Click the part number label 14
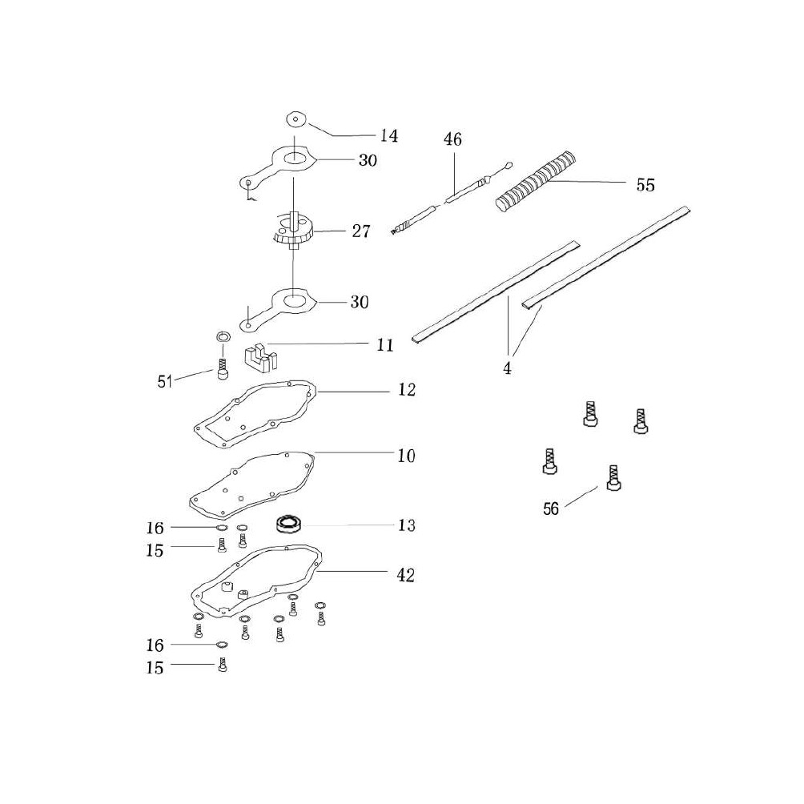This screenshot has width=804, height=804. [388, 136]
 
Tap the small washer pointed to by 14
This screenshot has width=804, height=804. [295, 119]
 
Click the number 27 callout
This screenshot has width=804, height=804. [360, 231]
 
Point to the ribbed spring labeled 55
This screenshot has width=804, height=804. [535, 179]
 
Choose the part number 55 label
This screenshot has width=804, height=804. [645, 185]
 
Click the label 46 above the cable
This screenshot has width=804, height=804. [452, 139]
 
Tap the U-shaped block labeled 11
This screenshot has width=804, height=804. [260, 357]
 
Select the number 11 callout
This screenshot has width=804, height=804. [384, 345]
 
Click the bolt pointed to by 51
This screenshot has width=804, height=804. [223, 370]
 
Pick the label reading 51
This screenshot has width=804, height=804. [165, 381]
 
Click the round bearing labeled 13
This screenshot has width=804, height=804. [288, 525]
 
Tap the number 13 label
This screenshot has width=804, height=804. [407, 525]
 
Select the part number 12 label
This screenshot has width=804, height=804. [407, 390]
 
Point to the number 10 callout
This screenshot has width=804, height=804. [407, 456]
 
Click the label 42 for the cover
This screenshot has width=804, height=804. [405, 575]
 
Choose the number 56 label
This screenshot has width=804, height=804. [551, 509]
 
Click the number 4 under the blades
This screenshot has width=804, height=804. [507, 368]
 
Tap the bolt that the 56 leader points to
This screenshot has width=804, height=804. [613, 478]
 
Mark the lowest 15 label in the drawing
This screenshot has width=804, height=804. [155, 668]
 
